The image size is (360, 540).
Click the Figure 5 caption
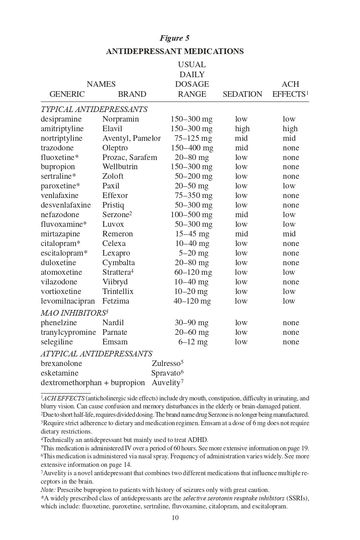point(174,38)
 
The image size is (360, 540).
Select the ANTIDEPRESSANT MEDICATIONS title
point(175,52)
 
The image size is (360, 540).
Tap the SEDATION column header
point(242,94)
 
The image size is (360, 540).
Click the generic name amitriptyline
point(62,129)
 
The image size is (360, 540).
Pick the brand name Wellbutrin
point(120,167)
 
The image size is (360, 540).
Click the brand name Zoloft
point(113,176)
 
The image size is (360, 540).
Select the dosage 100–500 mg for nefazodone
point(192,215)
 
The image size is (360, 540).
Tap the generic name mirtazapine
point(60,234)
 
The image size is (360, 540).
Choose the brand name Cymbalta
point(118,263)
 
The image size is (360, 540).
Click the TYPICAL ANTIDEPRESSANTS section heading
point(94,110)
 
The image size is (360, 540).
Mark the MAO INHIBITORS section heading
point(74,313)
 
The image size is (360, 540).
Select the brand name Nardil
point(113,323)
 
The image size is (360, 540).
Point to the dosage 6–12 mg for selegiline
point(193,342)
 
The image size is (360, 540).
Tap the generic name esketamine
point(60,373)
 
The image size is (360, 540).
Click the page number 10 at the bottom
point(175,518)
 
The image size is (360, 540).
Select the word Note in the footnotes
point(48,490)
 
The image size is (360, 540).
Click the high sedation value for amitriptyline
point(242,129)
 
